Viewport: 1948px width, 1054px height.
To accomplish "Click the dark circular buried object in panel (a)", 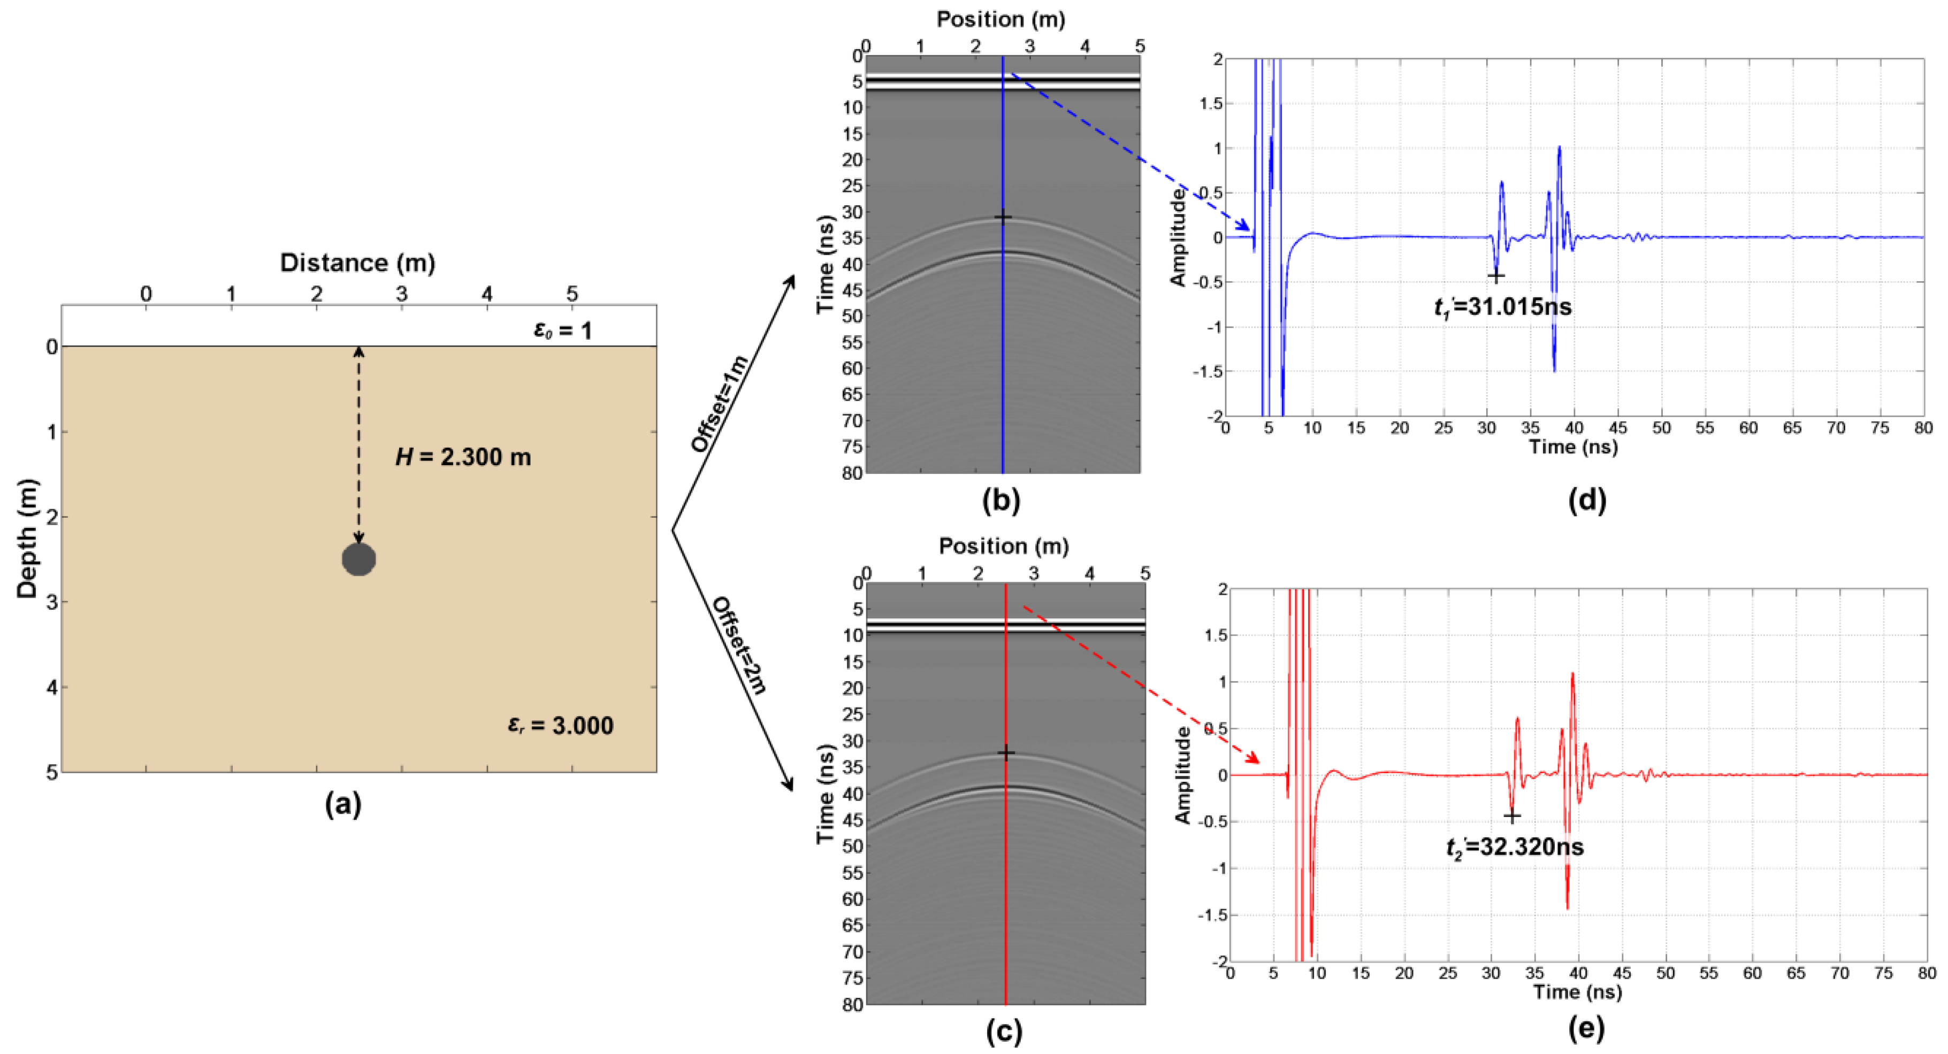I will [358, 559].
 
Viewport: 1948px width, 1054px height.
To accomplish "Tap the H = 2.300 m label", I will [463, 457].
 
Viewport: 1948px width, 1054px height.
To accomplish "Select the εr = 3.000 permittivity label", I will [560, 725].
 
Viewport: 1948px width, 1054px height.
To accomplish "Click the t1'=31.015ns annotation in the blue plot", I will [1502, 307].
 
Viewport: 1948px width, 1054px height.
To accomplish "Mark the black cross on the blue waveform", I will [1496, 276].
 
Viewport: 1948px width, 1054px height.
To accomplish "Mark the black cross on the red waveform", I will [1511, 816].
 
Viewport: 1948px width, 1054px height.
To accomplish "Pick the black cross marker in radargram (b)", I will [1003, 217].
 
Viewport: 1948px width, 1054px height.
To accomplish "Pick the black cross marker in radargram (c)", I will [1005, 752].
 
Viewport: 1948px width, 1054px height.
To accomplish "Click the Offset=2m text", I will [739, 645].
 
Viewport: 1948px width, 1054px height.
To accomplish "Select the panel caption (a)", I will [342, 804].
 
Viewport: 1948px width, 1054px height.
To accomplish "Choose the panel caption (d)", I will [1586, 500].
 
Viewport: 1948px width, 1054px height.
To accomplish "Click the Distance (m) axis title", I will [358, 263].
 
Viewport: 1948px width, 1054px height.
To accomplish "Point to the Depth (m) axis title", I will [27, 538].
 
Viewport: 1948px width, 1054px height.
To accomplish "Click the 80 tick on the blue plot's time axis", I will [1923, 428].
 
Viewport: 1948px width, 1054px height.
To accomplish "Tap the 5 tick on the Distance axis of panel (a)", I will [572, 294].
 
